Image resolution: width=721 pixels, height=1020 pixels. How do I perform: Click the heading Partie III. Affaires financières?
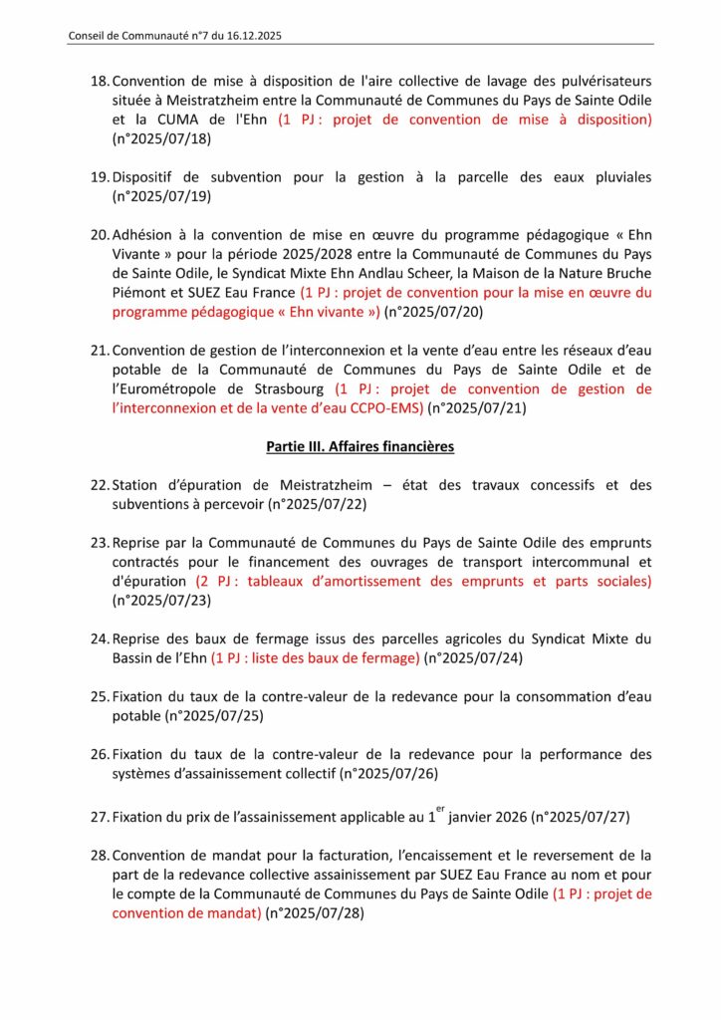coord(360,447)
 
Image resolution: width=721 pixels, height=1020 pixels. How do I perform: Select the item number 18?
coord(100,82)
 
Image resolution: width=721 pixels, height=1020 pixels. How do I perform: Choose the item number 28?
coord(100,856)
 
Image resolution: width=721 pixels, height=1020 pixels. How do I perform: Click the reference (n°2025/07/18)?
coord(162,139)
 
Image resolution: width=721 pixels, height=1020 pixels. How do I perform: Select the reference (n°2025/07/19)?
coord(162,197)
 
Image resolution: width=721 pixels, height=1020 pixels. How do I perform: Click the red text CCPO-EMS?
coord(383,409)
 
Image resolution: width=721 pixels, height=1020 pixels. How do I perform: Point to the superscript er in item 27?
coord(437,812)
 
